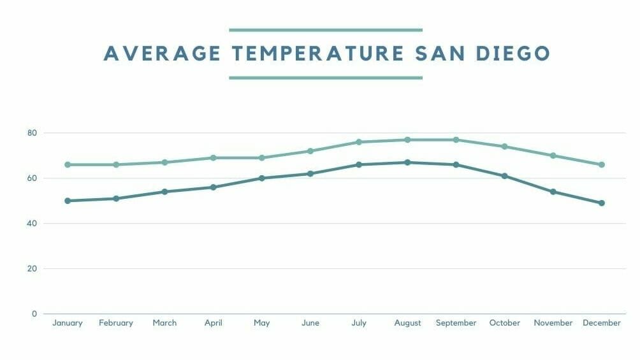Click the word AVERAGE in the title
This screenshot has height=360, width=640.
click(162, 54)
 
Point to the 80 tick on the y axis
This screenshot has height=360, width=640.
click(32, 133)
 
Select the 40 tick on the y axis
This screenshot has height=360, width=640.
click(32, 224)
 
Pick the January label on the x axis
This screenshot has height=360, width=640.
click(68, 323)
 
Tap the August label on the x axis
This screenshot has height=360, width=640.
click(407, 323)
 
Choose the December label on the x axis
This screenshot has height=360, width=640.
click(601, 323)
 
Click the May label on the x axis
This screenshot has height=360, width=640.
click(262, 323)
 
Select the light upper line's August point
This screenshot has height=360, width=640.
click(407, 140)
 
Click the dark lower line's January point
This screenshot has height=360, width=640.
click(68, 201)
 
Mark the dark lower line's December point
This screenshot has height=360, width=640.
click(602, 203)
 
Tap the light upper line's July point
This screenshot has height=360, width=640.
click(359, 142)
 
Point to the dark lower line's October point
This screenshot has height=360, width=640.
click(504, 176)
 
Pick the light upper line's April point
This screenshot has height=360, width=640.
click(214, 158)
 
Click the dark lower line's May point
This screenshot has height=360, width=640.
click(262, 178)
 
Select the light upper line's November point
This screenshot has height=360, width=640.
click(553, 155)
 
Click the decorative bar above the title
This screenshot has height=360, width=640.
click(325, 30)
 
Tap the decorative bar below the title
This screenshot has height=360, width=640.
click(325, 78)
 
